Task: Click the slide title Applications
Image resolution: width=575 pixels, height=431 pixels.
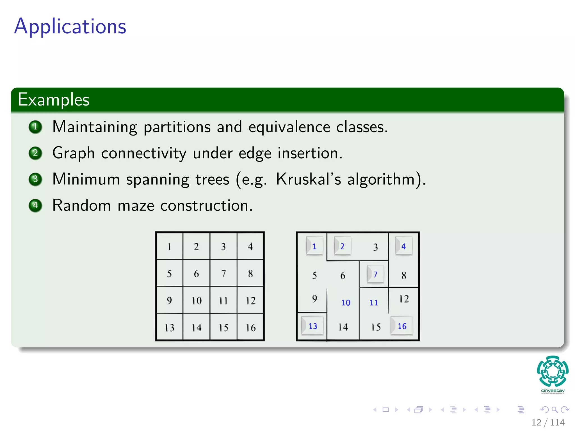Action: click(70, 27)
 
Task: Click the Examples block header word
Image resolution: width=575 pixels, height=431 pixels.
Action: click(53, 100)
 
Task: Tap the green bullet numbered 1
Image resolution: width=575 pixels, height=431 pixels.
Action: click(35, 127)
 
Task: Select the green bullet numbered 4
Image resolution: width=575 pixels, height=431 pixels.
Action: click(35, 205)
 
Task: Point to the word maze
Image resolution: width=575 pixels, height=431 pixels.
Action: click(136, 206)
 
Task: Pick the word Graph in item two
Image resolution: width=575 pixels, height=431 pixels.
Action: click(73, 153)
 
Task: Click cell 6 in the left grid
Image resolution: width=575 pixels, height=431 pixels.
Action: click(196, 274)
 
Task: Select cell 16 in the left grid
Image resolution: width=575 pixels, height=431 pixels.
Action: click(250, 327)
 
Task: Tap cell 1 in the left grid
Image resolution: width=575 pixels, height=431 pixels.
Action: click(169, 247)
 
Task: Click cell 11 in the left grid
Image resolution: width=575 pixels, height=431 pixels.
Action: click(223, 301)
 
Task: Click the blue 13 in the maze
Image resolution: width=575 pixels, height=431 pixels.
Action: click(312, 326)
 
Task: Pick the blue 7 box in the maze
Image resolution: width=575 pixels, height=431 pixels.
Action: click(375, 274)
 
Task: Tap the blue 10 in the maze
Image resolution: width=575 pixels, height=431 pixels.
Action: click(346, 302)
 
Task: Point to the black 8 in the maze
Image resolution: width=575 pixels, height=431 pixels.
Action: click(404, 275)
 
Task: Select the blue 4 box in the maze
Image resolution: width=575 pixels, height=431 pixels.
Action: click(403, 246)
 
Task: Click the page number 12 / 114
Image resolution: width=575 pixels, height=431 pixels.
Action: click(548, 422)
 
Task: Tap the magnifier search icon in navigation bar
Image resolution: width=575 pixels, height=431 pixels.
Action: click(555, 410)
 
